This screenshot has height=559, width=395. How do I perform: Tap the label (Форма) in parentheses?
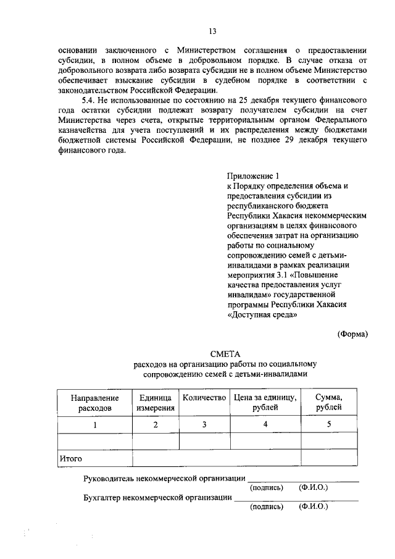pos(353,334)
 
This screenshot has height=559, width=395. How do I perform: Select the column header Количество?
pos(204,398)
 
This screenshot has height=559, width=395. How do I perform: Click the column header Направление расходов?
pos(94,403)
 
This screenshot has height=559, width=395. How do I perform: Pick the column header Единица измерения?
pos(156,403)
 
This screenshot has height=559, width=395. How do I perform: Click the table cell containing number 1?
pos(95,425)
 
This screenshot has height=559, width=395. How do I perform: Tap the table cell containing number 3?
pos(204,425)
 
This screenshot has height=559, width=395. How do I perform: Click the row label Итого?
pos(70,458)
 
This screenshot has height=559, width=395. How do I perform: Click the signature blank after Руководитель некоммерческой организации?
pos(302,479)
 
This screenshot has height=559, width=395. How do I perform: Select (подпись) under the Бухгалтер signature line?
pos(267,507)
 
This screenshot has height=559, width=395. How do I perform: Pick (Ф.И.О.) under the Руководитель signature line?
pos(314,488)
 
